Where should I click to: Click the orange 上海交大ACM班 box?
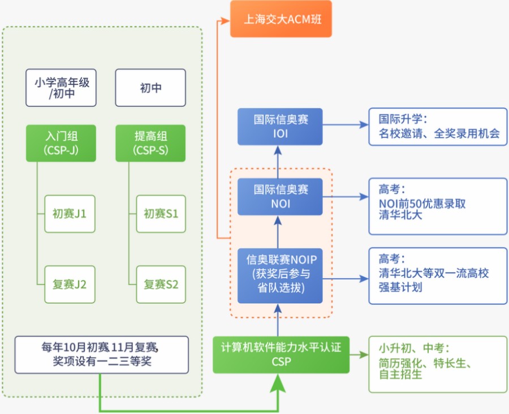coord(281,19)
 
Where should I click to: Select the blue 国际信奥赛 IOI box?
coord(280,127)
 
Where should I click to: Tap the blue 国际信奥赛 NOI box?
coord(280,197)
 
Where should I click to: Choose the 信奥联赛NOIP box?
coord(280,274)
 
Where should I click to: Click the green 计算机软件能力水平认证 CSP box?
coord(281,355)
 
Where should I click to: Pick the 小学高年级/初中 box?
coord(61,88)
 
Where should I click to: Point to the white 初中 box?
coord(150,88)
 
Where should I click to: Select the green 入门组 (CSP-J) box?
coord(61,143)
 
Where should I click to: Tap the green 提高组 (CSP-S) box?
coord(150,143)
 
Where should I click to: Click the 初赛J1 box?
coord(69,214)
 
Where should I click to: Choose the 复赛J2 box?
coord(69,284)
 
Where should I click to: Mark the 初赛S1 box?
coord(161,214)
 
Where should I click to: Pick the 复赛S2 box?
coord(161,284)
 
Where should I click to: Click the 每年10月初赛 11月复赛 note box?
coord(102,355)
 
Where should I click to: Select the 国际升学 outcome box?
coord(438,127)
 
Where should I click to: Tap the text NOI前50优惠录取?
coord(422,204)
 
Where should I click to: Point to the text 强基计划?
coord(400,287)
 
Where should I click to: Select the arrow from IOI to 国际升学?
coord(345,124)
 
